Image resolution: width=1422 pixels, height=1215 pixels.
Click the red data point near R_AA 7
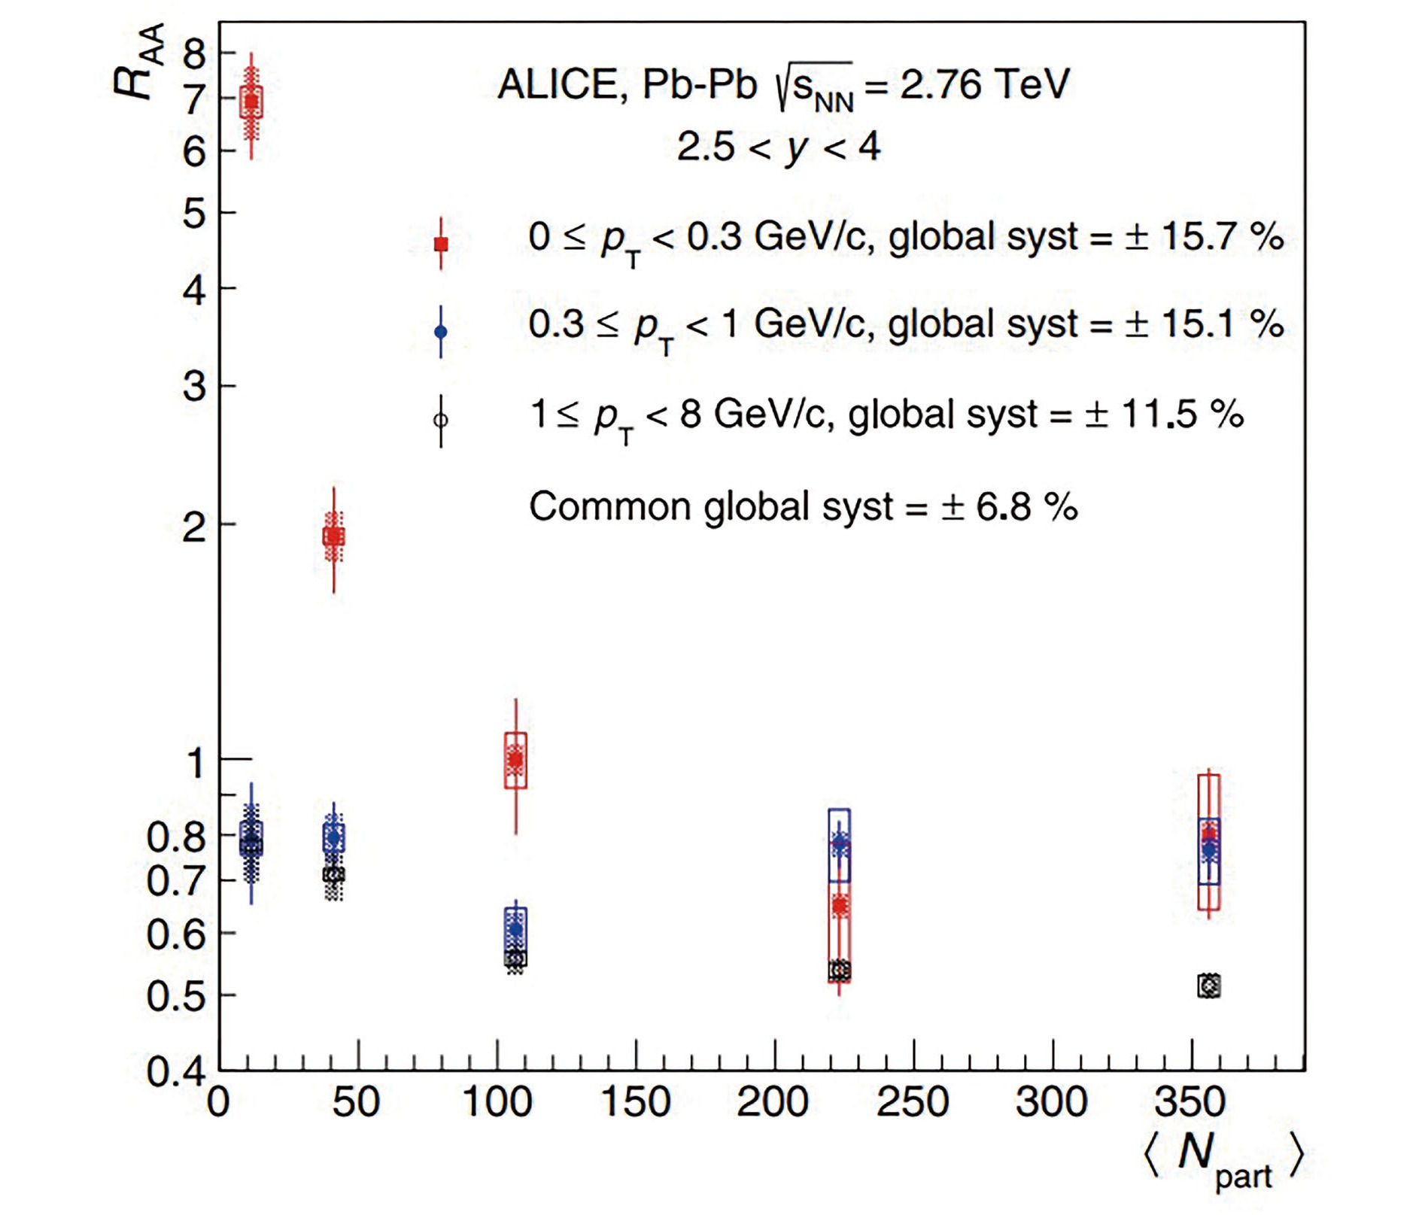[251, 101]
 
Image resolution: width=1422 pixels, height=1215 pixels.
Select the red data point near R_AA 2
[333, 536]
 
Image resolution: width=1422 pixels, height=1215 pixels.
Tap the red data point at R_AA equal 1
[515, 760]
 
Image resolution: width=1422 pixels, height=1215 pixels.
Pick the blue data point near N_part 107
[515, 929]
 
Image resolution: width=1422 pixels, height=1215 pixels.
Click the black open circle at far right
[1209, 986]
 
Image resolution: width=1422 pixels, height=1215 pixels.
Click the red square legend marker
[441, 244]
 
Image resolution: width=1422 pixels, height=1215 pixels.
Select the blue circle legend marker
[441, 332]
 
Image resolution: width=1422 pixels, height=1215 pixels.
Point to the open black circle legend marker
[441, 420]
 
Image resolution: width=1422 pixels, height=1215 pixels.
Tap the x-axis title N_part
[1223, 1159]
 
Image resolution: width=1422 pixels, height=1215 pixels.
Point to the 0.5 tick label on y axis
[175, 996]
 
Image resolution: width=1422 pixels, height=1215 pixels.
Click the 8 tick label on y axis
[194, 54]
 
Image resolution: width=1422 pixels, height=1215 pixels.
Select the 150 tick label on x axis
[636, 1102]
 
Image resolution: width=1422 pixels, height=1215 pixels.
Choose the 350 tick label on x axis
[1191, 1102]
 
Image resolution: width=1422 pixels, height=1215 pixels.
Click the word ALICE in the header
[558, 84]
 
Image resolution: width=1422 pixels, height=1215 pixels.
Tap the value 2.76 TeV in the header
[984, 84]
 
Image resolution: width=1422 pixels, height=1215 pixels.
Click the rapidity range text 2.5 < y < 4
[778, 147]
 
